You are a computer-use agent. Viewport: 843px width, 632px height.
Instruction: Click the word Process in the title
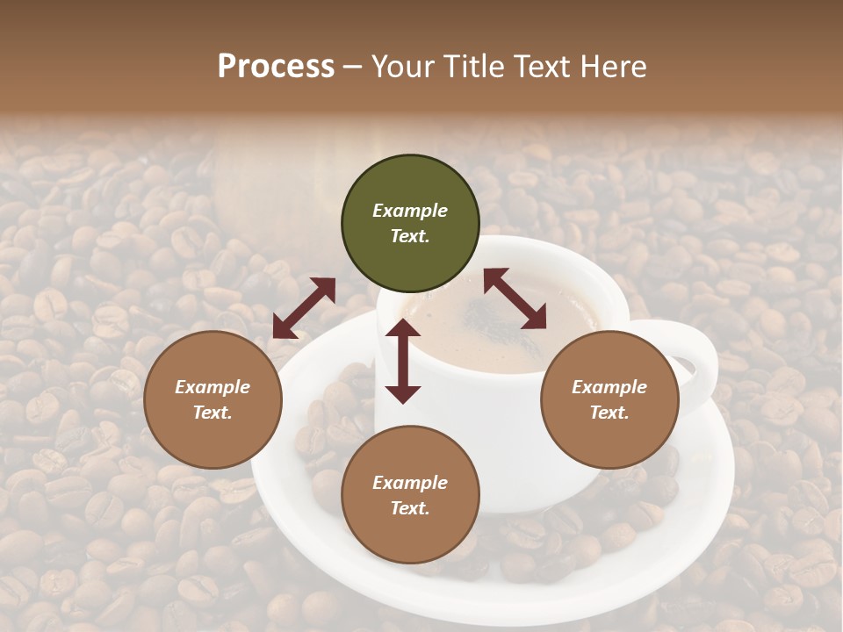(276, 67)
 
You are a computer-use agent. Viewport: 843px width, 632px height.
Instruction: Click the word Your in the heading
(403, 67)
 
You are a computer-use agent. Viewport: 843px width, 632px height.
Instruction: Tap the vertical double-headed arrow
(403, 361)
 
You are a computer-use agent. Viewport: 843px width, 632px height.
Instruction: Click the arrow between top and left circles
(304, 308)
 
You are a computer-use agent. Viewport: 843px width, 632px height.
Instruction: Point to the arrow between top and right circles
(515, 298)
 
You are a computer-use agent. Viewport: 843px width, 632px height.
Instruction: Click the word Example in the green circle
(410, 211)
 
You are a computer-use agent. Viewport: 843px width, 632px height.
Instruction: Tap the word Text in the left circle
(213, 413)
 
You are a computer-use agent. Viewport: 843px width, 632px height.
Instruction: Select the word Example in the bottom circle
(410, 483)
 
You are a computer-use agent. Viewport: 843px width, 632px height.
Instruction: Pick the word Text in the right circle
(609, 413)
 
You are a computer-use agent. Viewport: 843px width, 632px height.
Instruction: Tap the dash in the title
(353, 67)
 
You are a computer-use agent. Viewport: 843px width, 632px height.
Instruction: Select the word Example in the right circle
(609, 387)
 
